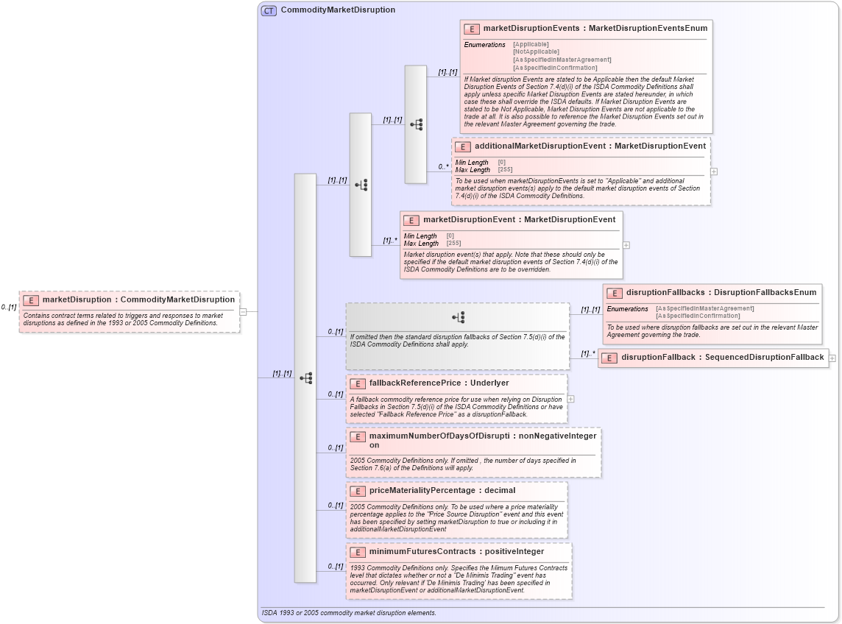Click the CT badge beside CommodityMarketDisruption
[269, 10]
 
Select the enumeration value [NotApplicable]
[531, 52]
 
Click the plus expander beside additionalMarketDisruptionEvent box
[714, 171]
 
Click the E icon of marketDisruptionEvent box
[411, 220]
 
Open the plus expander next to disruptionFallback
[832, 358]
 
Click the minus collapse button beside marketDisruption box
[243, 311]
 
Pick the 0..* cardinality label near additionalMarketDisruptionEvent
[443, 167]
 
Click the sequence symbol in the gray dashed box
[458, 317]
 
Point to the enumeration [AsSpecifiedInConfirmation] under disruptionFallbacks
[698, 316]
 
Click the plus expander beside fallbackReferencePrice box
[570, 399]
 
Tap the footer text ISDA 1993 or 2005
[348, 613]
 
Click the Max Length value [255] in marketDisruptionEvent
[454, 243]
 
